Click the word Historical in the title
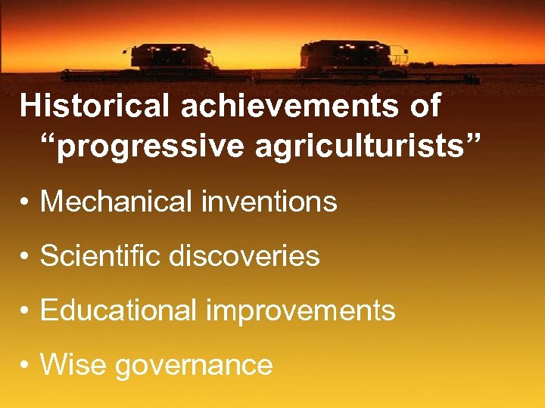click(96, 106)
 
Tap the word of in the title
click(424, 106)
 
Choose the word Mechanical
click(117, 202)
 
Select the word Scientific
click(101, 256)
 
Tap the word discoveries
click(245, 256)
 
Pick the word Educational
click(116, 311)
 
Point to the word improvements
click(298, 311)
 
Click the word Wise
click(72, 365)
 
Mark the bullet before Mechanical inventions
click(25, 203)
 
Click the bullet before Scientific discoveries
click(25, 258)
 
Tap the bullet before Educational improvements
click(25, 312)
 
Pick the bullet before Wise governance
click(25, 366)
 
